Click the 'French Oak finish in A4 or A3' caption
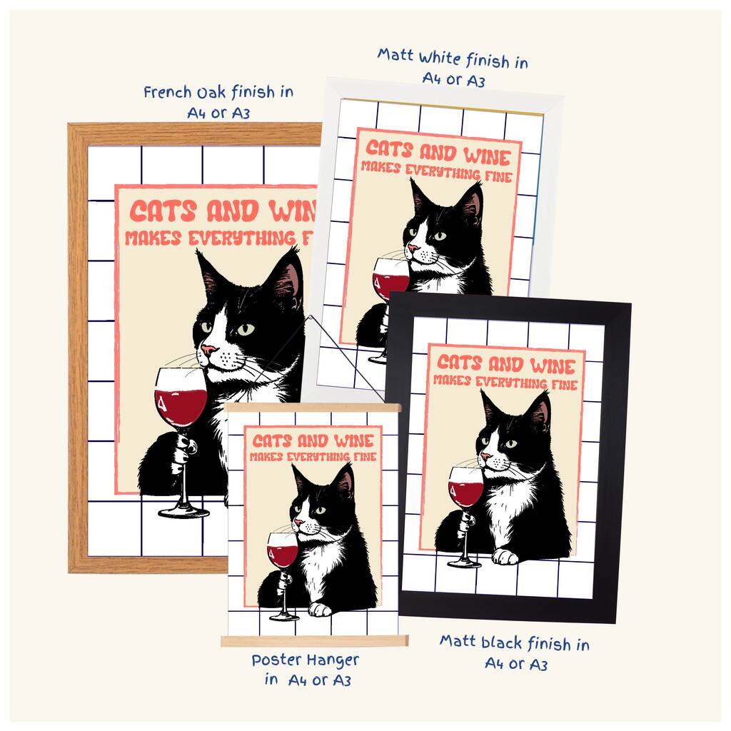pyautogui.click(x=218, y=102)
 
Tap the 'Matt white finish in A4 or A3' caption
pyautogui.click(x=453, y=68)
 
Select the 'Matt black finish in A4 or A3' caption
pyautogui.click(x=515, y=652)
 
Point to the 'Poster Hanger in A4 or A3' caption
pyautogui.click(x=306, y=670)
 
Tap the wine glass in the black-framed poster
pyautogui.click(x=465, y=516)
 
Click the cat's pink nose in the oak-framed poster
pyautogui.click(x=208, y=350)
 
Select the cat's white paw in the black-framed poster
pyautogui.click(x=506, y=556)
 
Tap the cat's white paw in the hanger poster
pyautogui.click(x=321, y=609)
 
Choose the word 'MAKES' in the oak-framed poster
pyautogui.click(x=153, y=238)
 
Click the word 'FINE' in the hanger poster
pyautogui.click(x=365, y=456)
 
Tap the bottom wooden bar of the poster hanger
pyautogui.click(x=315, y=641)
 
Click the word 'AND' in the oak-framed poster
pyautogui.click(x=233, y=211)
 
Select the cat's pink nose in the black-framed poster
pyautogui.click(x=485, y=456)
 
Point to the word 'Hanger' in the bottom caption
pyautogui.click(x=333, y=661)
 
